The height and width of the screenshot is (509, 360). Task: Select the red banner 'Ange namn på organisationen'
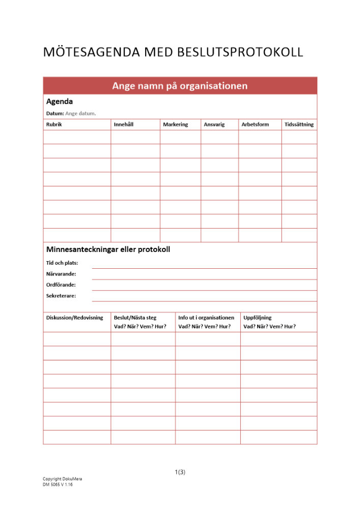(x=180, y=86)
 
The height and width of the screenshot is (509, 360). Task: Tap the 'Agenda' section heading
(x=59, y=101)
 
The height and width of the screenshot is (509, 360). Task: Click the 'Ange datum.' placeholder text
(x=80, y=114)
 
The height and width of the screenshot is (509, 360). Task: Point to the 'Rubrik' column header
(x=54, y=124)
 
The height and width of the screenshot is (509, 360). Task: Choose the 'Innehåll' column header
(x=124, y=124)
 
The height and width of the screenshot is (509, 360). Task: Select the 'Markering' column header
(x=175, y=124)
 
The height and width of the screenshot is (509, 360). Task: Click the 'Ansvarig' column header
(x=214, y=124)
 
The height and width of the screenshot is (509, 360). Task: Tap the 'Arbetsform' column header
(x=255, y=124)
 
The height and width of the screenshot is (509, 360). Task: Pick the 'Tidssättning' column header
(x=299, y=124)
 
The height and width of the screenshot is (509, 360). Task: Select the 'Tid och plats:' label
(x=62, y=263)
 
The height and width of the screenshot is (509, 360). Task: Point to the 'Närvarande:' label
(x=61, y=274)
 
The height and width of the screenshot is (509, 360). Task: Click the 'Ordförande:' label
(x=61, y=285)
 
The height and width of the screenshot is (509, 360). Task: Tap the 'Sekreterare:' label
(x=61, y=295)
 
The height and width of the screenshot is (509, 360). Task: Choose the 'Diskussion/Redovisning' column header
(x=74, y=318)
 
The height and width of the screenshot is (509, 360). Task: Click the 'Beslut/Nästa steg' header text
(x=135, y=318)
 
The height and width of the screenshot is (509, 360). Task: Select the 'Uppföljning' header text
(x=258, y=318)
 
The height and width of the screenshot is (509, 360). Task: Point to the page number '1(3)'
(x=180, y=472)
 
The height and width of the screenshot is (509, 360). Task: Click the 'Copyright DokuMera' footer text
(x=62, y=479)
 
